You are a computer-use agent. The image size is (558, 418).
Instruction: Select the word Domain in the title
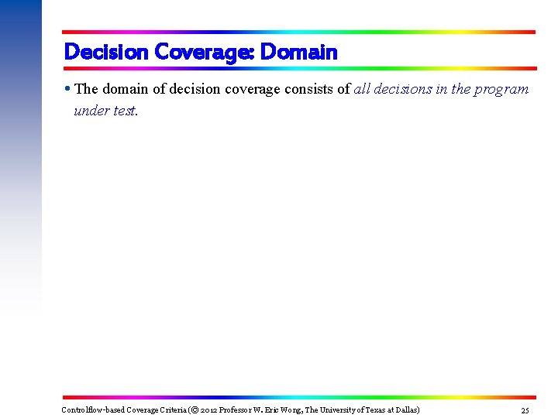[x=299, y=53]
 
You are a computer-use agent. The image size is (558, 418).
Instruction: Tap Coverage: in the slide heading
[x=205, y=53]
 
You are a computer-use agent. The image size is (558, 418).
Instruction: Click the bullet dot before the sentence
[x=68, y=89]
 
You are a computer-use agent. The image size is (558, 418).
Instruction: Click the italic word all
[x=363, y=89]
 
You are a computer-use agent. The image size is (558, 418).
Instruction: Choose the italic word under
[x=91, y=110]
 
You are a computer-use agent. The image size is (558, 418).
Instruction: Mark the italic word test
[x=125, y=110]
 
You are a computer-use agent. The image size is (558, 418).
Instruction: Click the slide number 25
[x=525, y=409]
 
